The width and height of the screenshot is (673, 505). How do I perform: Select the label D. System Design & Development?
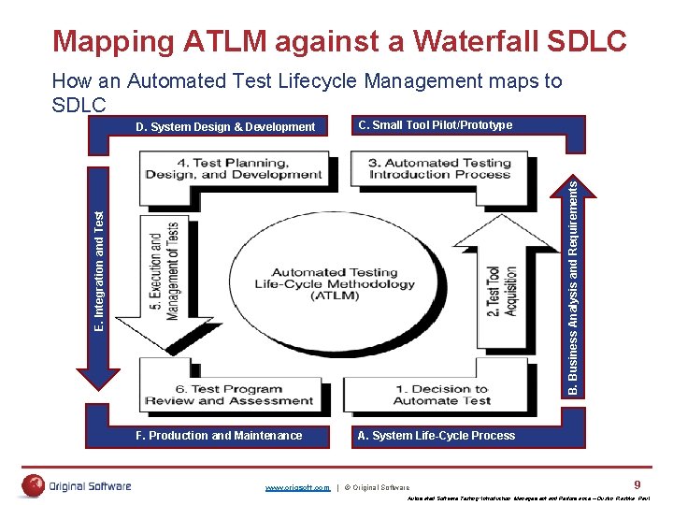click(x=225, y=127)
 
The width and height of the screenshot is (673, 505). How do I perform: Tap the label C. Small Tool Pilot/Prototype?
click(x=435, y=125)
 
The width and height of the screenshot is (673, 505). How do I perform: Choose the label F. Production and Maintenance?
click(x=219, y=435)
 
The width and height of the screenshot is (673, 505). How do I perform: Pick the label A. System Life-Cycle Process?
click(x=436, y=435)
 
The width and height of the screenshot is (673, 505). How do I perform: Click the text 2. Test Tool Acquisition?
click(x=501, y=291)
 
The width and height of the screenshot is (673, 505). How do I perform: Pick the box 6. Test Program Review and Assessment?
click(x=229, y=395)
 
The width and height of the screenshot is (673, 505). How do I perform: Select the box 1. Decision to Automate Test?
click(x=441, y=395)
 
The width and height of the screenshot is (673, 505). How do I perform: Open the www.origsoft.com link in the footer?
click(x=297, y=488)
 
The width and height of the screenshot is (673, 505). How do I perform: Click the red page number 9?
click(x=637, y=484)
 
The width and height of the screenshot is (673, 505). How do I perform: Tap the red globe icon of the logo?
click(x=34, y=485)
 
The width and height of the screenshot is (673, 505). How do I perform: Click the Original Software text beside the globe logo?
click(x=92, y=486)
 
